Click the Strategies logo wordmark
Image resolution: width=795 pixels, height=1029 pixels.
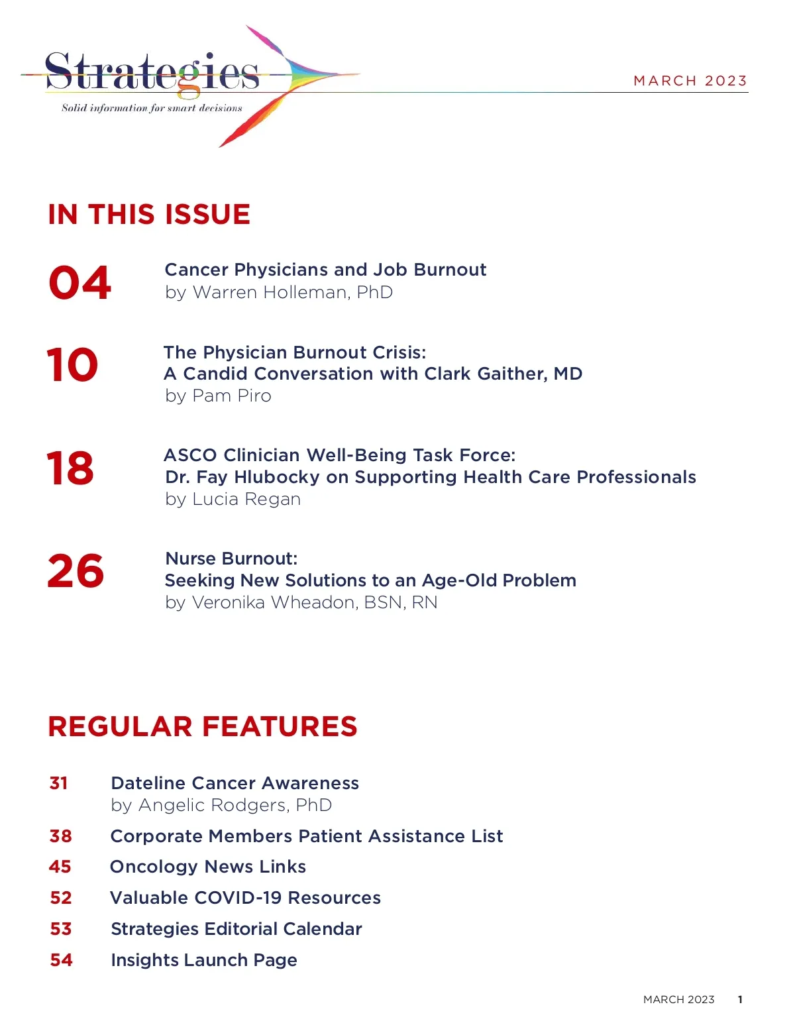(x=152, y=72)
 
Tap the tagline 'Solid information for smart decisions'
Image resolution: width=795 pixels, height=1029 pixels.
(x=152, y=108)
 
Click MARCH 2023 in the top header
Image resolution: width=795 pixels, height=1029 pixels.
(x=690, y=81)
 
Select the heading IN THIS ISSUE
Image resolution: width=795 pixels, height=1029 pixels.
(x=149, y=215)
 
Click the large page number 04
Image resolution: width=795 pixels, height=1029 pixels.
(x=79, y=283)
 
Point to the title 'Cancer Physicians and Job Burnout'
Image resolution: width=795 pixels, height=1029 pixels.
(x=325, y=270)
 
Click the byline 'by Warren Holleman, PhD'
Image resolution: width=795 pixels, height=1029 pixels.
(x=279, y=292)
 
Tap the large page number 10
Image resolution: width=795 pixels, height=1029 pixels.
(x=72, y=365)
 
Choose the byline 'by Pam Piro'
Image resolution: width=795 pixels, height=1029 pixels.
(x=218, y=396)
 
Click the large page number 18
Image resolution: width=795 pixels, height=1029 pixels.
(x=70, y=468)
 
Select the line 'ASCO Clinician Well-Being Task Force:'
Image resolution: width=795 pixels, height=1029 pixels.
(x=339, y=455)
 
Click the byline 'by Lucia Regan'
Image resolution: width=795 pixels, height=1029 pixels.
(x=233, y=499)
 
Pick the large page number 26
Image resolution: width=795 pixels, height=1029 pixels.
(x=76, y=571)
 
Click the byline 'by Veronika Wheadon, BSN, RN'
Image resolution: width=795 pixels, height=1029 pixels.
(x=301, y=602)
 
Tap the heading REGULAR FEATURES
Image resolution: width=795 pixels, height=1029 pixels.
(x=203, y=727)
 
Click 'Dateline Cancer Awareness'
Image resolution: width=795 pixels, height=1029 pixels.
(x=235, y=783)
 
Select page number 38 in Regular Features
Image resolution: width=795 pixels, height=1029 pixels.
(x=60, y=836)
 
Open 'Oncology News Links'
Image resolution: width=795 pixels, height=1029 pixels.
(x=208, y=867)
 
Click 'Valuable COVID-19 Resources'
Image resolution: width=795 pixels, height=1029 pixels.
(x=245, y=898)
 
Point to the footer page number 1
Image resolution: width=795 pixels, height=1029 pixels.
(x=740, y=1000)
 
